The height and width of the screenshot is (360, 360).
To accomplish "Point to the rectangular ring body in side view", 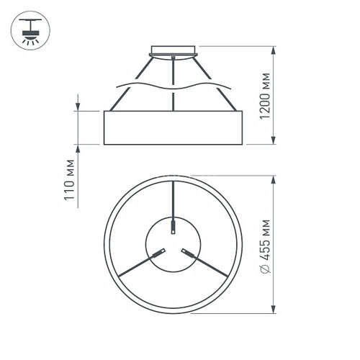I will tap(173, 128).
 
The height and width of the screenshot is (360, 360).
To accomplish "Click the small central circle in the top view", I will tap(173, 245).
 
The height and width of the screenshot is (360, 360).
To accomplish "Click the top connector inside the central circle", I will tap(173, 228).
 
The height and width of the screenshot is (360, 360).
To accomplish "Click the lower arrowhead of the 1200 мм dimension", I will tap(274, 143).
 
